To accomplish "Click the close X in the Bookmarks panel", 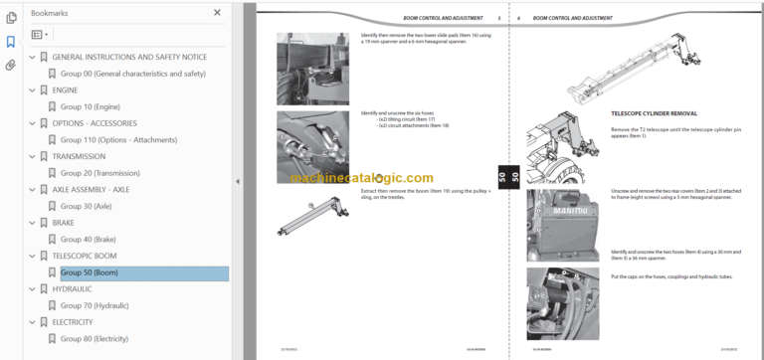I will (x=218, y=13).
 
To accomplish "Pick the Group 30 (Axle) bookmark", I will (x=87, y=206).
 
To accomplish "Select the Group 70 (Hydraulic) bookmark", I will (x=95, y=305).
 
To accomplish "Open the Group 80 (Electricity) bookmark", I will (x=95, y=339).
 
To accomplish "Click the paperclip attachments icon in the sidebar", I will (x=11, y=65).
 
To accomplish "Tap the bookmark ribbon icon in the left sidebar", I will (x=11, y=42).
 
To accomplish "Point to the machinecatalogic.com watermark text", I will (x=362, y=178).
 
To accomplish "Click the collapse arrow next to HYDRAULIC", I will (x=32, y=289).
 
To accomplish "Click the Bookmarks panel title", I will (x=50, y=13).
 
